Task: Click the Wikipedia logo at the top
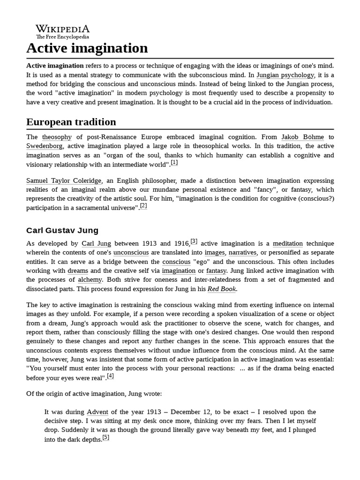tap(62, 31)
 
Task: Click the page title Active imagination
tap(87, 48)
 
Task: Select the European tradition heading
tap(71, 122)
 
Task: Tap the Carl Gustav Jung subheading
tap(62, 230)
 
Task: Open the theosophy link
tap(57, 137)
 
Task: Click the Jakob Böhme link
tap(302, 137)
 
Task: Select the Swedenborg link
tap(44, 146)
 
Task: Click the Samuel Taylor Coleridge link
tap(63, 180)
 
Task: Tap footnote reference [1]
tap(174, 163)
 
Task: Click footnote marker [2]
tap(143, 206)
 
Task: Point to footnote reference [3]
tap(194, 242)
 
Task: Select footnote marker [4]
tap(110, 376)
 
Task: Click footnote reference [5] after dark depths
tap(105, 438)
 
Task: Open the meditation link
tap(288, 244)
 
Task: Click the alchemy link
tap(90, 280)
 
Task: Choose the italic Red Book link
tap(222, 289)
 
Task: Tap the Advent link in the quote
tap(97, 412)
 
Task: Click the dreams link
tap(78, 271)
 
